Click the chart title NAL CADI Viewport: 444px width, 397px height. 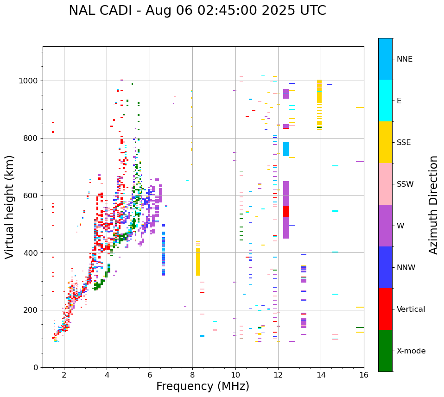(x=197, y=11)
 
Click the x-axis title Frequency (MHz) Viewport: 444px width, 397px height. (x=203, y=386)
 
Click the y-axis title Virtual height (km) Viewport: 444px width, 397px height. (x=10, y=207)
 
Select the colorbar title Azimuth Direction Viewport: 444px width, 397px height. (x=433, y=205)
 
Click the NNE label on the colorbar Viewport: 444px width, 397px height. (x=405, y=59)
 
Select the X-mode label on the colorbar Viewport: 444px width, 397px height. (x=411, y=351)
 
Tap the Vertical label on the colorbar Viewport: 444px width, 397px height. (x=411, y=309)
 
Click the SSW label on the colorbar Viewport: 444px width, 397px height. (x=405, y=184)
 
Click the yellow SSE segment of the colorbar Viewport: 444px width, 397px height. (x=385, y=142)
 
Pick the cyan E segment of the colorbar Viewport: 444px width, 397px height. (x=385, y=101)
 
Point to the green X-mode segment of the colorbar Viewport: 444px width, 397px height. (x=385, y=351)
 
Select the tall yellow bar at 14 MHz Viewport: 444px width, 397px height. (x=319, y=91)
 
